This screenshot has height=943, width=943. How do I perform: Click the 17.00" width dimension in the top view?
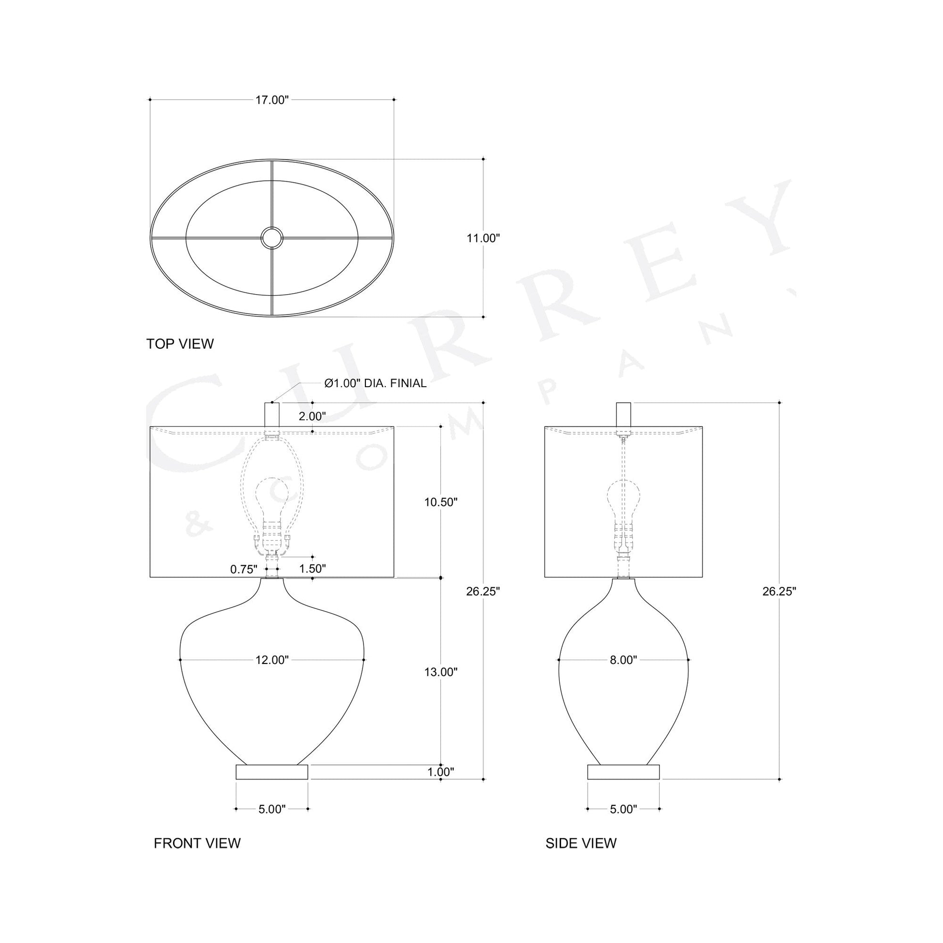click(x=272, y=100)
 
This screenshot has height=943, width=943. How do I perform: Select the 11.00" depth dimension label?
click(x=483, y=238)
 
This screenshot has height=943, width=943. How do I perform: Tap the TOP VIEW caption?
click(x=180, y=344)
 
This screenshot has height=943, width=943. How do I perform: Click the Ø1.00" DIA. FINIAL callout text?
click(x=376, y=384)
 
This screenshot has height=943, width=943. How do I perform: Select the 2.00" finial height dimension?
click(x=312, y=416)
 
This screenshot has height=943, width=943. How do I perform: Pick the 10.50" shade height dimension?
click(x=441, y=502)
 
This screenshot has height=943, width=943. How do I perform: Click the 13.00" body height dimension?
click(x=441, y=672)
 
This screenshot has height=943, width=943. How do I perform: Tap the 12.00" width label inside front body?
click(x=272, y=660)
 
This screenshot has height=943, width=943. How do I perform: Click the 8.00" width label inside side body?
click(x=623, y=660)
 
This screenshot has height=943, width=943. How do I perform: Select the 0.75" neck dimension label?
click(x=244, y=569)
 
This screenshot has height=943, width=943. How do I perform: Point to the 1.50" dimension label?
click(x=312, y=568)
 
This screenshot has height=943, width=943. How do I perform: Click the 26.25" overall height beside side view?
click(x=780, y=592)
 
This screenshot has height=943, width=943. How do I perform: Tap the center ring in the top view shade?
click(x=271, y=238)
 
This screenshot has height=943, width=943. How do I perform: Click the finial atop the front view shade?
click(x=272, y=414)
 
